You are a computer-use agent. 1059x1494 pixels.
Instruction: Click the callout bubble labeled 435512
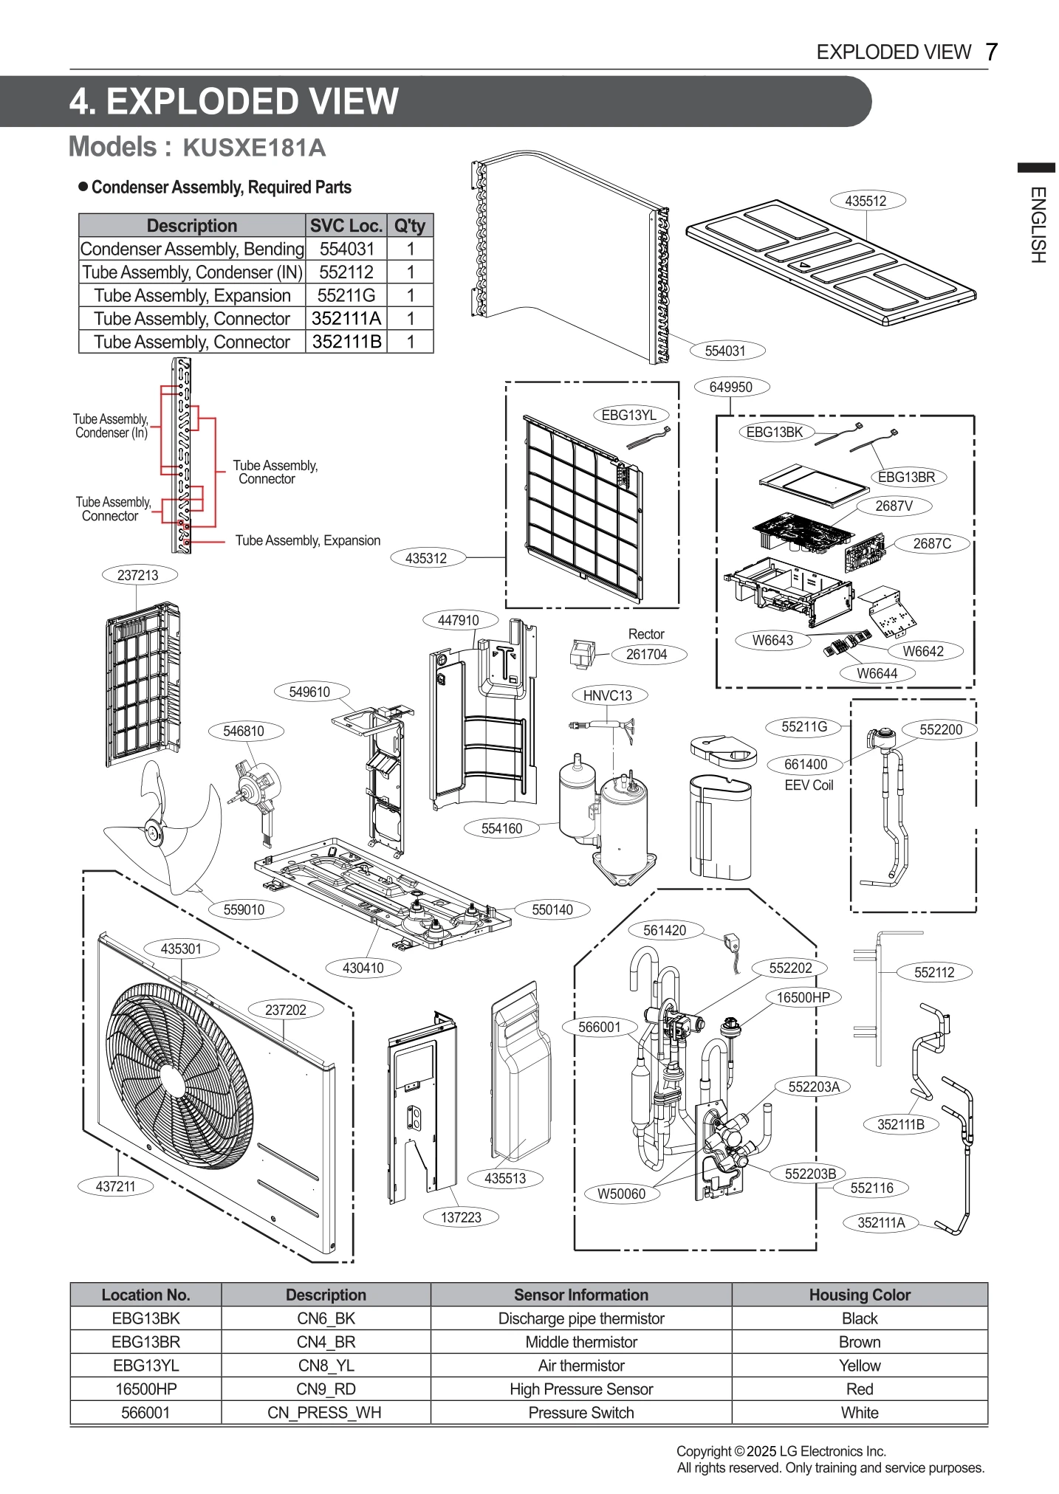(866, 201)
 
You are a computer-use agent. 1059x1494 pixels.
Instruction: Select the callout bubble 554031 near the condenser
(724, 351)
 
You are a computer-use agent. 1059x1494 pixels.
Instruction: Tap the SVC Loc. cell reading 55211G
(346, 295)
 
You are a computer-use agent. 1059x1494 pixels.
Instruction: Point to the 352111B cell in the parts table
(346, 342)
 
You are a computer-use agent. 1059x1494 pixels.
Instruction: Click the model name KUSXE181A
(253, 148)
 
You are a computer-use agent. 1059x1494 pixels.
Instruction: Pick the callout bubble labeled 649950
(730, 387)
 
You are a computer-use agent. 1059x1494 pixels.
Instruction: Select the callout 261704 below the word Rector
(646, 654)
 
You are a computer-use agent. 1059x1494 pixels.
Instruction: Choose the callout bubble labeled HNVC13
(608, 695)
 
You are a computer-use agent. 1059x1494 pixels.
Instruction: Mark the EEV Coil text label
(808, 785)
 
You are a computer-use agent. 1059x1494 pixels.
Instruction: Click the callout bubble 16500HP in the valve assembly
(803, 998)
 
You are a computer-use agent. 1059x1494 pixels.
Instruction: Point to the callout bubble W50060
(621, 1194)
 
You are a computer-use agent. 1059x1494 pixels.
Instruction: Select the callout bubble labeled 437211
(116, 1186)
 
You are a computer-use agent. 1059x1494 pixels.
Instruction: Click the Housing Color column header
(859, 1295)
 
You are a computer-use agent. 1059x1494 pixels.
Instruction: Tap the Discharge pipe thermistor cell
(580, 1318)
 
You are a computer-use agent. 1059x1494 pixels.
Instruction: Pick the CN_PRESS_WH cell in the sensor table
(326, 1413)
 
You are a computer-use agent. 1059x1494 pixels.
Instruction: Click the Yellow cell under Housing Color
(859, 1366)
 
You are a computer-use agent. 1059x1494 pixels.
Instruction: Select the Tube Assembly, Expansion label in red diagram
(307, 540)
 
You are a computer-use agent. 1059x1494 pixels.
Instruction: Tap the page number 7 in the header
(991, 52)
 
